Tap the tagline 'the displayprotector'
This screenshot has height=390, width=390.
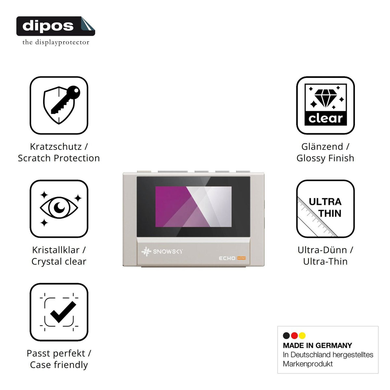click(x=56, y=42)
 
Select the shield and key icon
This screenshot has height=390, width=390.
click(x=61, y=105)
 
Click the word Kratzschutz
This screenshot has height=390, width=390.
click(x=56, y=147)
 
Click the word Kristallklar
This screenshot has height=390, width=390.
click(x=56, y=250)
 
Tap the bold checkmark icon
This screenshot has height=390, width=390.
click(x=63, y=312)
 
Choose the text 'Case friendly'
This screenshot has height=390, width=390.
click(x=59, y=365)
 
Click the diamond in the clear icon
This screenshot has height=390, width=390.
click(x=326, y=98)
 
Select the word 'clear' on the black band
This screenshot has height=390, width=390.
click(x=325, y=118)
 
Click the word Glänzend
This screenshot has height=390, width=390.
click(x=322, y=147)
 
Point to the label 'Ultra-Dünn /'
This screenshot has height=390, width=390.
click(x=325, y=250)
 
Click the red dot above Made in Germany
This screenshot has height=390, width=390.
click(x=294, y=335)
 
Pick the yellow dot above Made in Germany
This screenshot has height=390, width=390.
click(x=302, y=335)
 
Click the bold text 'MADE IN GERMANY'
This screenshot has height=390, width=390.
click(x=317, y=345)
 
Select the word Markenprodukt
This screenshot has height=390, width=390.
click(x=308, y=364)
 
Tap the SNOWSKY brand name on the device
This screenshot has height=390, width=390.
click(x=168, y=252)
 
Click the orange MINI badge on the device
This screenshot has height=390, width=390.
click(x=241, y=258)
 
